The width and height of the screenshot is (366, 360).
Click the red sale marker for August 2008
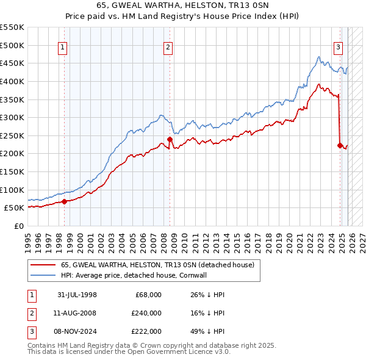[x=170, y=140]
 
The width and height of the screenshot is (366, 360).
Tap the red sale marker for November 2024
[x=340, y=145]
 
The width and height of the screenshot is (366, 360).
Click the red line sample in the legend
[x=43, y=265]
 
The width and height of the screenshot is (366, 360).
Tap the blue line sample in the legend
[x=43, y=275]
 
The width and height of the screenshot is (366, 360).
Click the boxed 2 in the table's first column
[x=31, y=313]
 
